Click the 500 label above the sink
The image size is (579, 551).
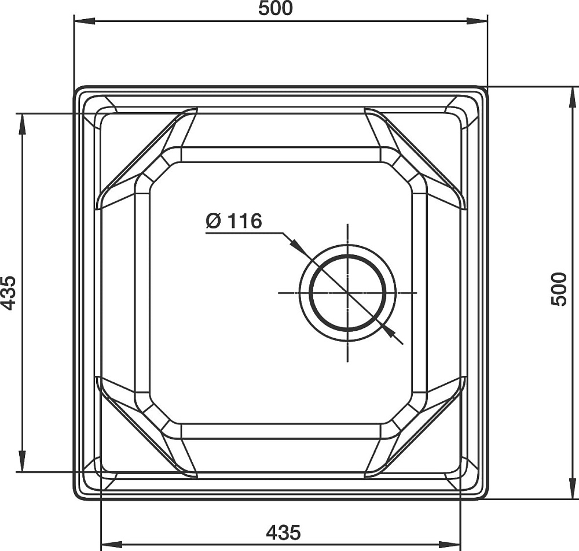pyautogui.click(x=275, y=8)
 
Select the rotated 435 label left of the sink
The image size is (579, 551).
pyautogui.click(x=8, y=293)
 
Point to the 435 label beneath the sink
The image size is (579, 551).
pyautogui.click(x=283, y=532)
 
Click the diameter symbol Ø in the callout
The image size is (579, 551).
pyautogui.click(x=214, y=221)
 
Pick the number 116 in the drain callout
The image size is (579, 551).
pyautogui.click(x=244, y=221)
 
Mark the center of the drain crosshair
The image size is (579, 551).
pyautogui.click(x=347, y=293)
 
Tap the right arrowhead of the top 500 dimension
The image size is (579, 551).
pyautogui.click(x=477, y=21)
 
